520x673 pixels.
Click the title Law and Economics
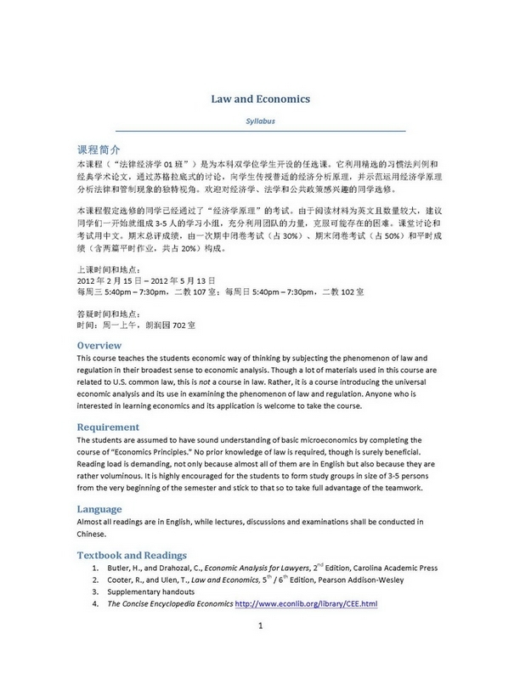click(x=260, y=99)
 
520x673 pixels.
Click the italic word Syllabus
click(x=260, y=121)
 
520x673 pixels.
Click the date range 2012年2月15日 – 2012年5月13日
click(x=146, y=279)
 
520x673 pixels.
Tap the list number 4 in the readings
click(x=95, y=604)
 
